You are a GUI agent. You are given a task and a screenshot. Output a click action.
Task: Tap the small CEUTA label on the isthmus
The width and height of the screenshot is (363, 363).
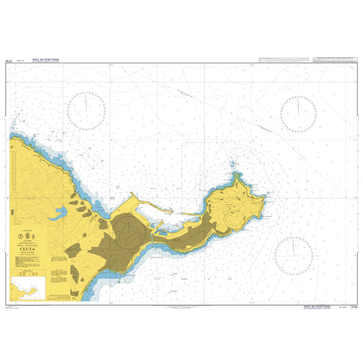pyautogui.click(x=177, y=240)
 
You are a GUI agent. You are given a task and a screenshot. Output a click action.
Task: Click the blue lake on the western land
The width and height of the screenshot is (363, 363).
pyautogui.click(x=60, y=213)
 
